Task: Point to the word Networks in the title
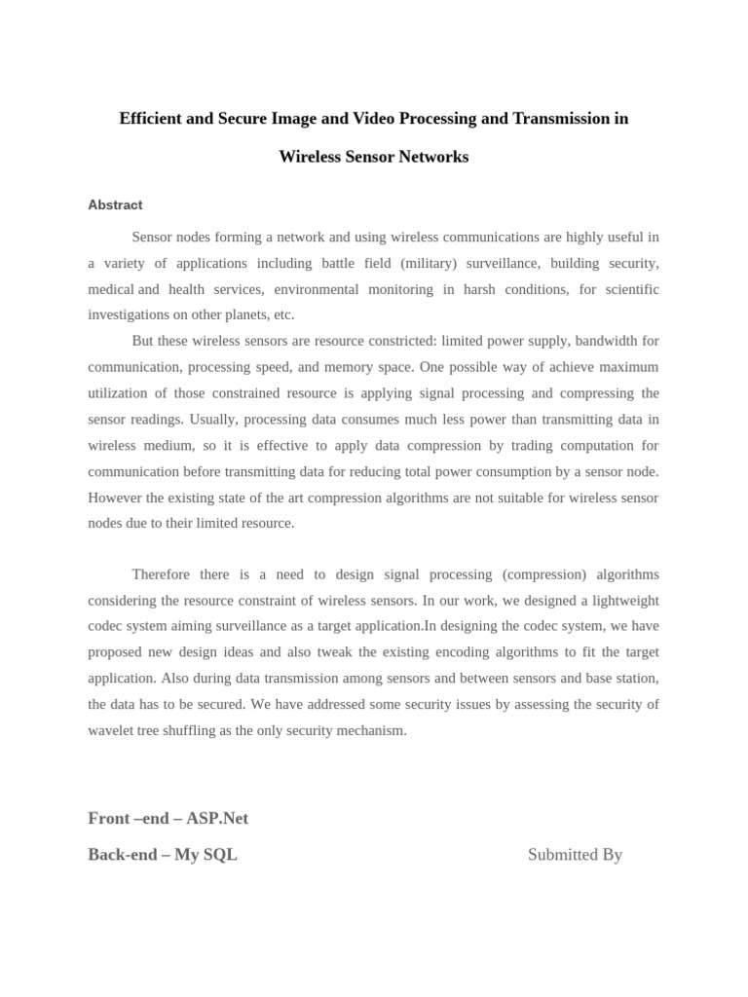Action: [433, 157]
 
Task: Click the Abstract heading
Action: [115, 205]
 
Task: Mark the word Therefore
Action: [161, 574]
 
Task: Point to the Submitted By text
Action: [575, 855]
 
